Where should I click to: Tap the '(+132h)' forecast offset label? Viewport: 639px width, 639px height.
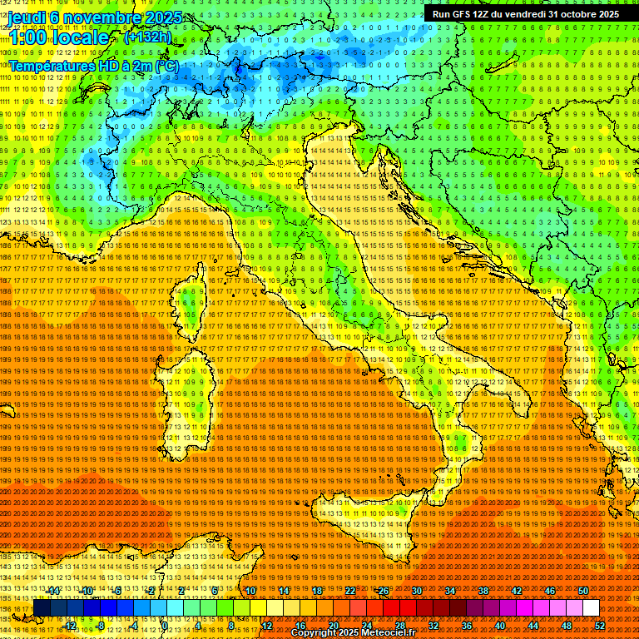(147, 37)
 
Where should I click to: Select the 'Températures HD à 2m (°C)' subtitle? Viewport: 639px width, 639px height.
(93, 65)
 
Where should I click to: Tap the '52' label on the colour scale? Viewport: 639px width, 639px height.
(600, 625)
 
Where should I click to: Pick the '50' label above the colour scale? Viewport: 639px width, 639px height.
(582, 591)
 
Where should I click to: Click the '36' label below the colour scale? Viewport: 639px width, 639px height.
(466, 625)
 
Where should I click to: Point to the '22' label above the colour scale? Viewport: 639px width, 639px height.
(350, 591)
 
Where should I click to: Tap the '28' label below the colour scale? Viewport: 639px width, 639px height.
(399, 625)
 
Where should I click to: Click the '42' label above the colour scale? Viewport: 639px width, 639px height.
(516, 591)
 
